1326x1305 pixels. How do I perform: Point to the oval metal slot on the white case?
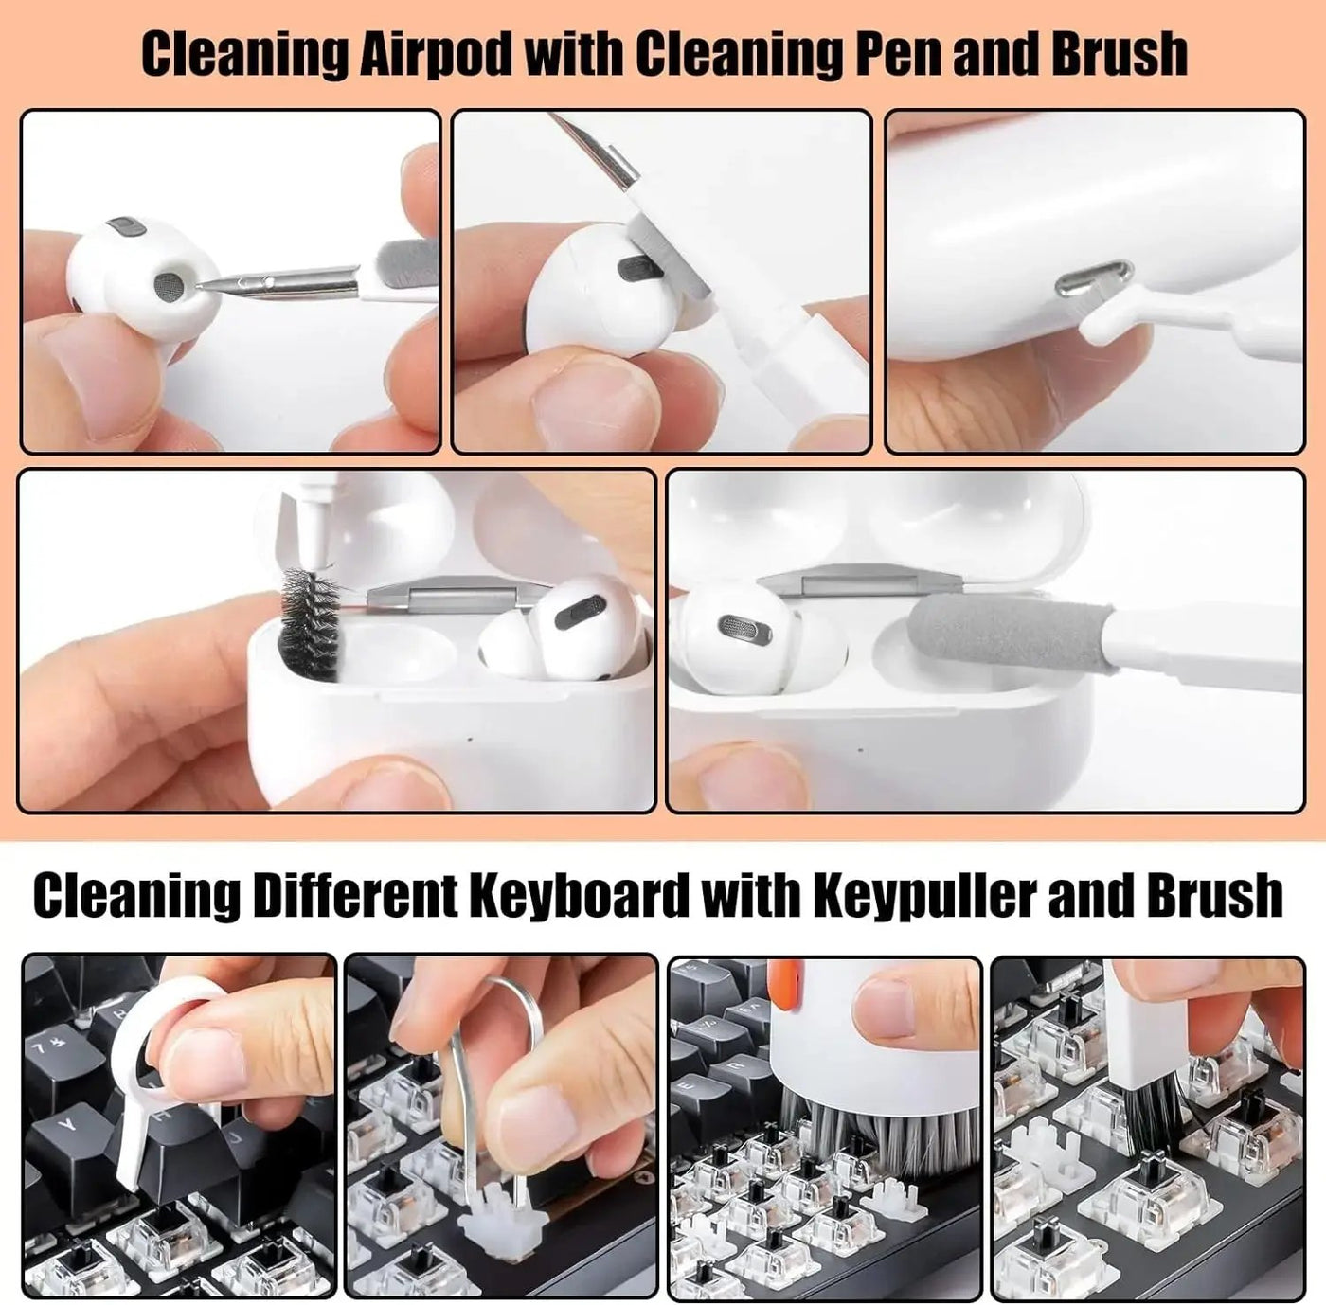coord(1094,278)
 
